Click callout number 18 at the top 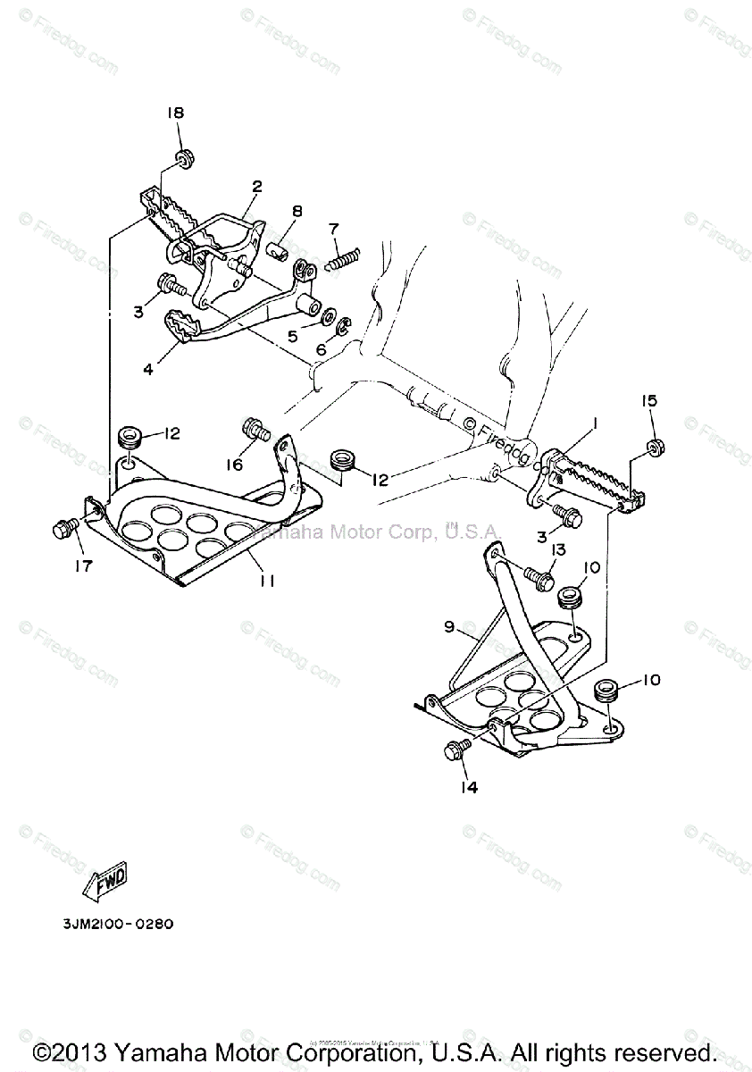click(x=175, y=113)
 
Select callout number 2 click(x=256, y=187)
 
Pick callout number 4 click(x=147, y=366)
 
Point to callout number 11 click(x=266, y=580)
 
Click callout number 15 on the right click(x=648, y=400)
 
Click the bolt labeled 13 click(x=539, y=577)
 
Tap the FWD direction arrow click(x=107, y=878)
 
